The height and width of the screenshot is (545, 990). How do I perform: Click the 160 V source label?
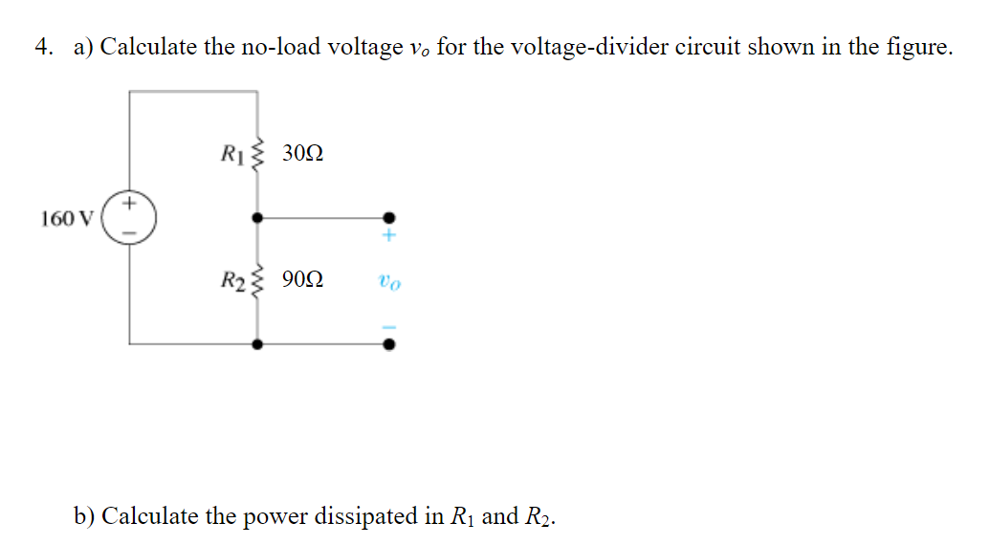point(66,219)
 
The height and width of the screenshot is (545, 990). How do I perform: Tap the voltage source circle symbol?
point(129,217)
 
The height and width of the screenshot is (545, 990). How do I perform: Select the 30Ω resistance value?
point(303,152)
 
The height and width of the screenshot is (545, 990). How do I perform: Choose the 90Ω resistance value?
point(303,280)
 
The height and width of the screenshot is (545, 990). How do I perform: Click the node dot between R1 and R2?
point(256,217)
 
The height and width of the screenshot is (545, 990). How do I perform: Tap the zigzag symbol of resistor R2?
point(255,280)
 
